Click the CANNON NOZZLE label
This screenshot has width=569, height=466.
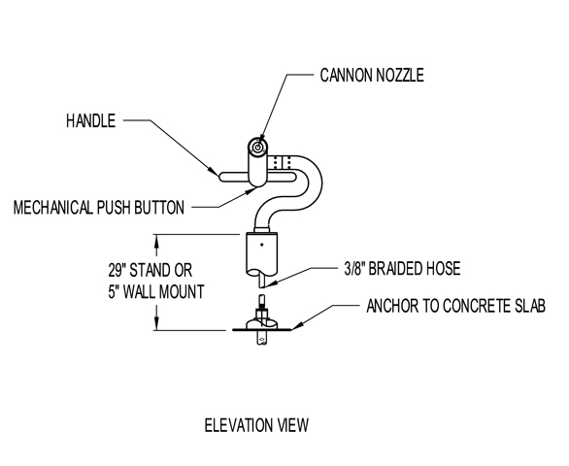point(372,75)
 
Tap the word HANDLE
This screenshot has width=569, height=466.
point(90,120)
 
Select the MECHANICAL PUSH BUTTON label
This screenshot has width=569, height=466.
point(99,208)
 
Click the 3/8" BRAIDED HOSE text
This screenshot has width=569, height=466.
point(402,269)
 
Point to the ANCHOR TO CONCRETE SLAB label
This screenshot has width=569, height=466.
point(455,306)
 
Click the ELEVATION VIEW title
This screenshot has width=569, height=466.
point(256,425)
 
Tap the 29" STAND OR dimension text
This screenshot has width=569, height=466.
point(151,271)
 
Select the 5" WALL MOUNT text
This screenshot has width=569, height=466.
point(156,292)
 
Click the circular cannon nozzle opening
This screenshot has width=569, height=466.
point(257,147)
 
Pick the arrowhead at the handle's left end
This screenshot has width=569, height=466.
point(213,170)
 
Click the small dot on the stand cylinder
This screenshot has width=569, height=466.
point(261,245)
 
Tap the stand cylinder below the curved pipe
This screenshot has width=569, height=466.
point(261,253)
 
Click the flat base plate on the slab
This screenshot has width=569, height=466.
point(261,330)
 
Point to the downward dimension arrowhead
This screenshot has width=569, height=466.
point(156,323)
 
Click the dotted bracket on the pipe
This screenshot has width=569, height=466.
point(282,162)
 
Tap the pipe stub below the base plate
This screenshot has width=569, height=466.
point(261,338)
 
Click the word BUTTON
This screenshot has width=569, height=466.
point(159,208)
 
